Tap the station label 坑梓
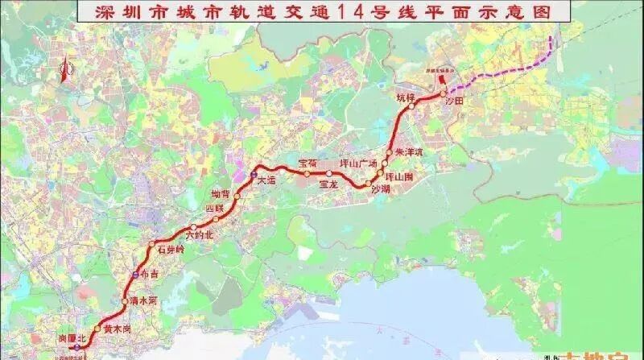pyautogui.click(x=405, y=97)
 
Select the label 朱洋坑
pyautogui.click(x=408, y=151)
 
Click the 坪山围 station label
pyautogui.click(x=400, y=176)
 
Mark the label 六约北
pyautogui.click(x=198, y=236)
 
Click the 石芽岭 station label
pyautogui.click(x=170, y=250)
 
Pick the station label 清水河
pyautogui.click(x=142, y=299)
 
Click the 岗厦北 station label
pyautogui.click(x=73, y=339)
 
